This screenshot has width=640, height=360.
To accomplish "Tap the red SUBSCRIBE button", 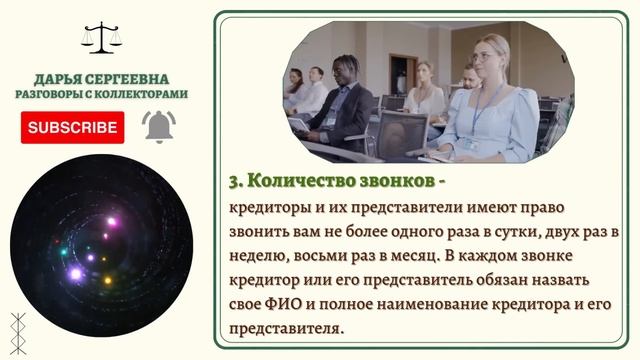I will (72, 127).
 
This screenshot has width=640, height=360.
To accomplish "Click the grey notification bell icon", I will (158, 127).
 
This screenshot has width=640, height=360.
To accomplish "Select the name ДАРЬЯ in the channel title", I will (60, 78).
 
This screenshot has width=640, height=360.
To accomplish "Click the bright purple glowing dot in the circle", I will (75, 272).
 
